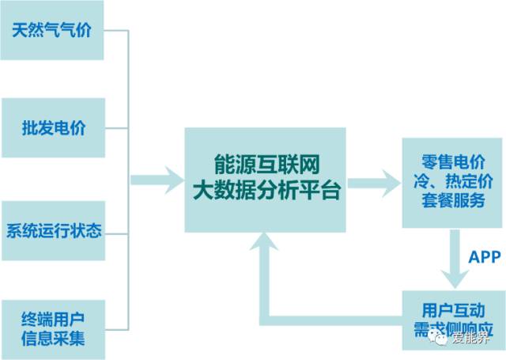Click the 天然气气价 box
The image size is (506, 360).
tap(52, 31)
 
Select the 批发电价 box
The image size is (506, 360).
tap(52, 127)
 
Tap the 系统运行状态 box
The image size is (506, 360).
tap(52, 231)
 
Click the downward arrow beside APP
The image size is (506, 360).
tap(454, 262)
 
